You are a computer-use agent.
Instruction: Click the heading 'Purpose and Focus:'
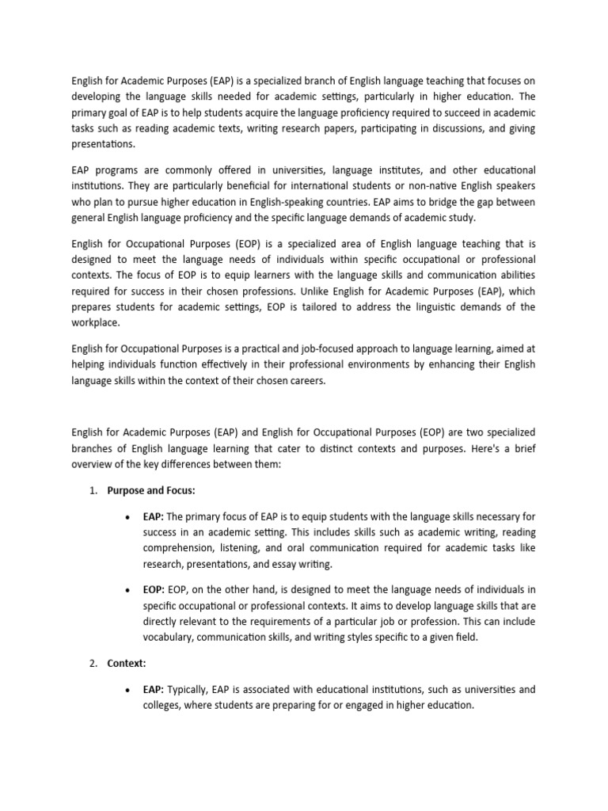point(150,491)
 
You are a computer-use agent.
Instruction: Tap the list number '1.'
point(93,491)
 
